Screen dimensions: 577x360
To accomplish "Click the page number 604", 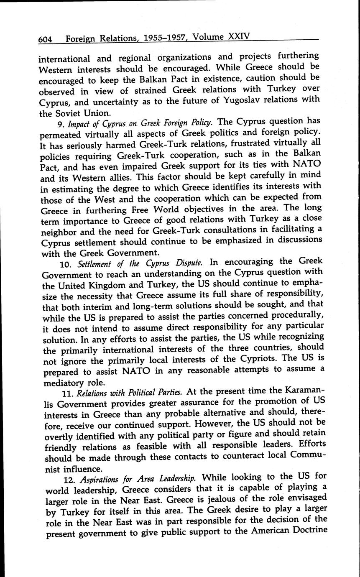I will [x=45, y=40].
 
